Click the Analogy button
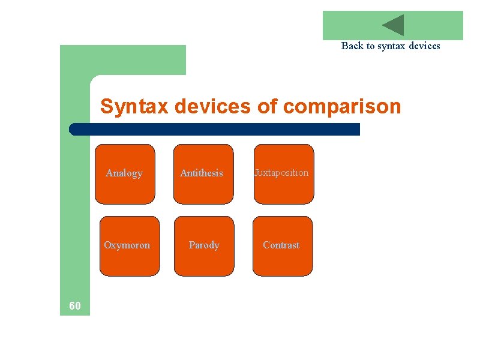coord(125,174)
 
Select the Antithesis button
coord(203,174)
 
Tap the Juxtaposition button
coord(283,174)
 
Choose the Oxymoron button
coord(130,246)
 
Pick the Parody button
coord(204,246)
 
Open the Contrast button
coord(283,246)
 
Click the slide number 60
coord(75,307)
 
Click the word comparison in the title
coord(341,107)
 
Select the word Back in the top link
coord(353,46)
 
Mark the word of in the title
coord(268,107)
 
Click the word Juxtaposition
coord(281,173)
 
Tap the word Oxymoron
coord(127,245)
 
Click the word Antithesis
coord(202,173)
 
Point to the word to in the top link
coord(371,46)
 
